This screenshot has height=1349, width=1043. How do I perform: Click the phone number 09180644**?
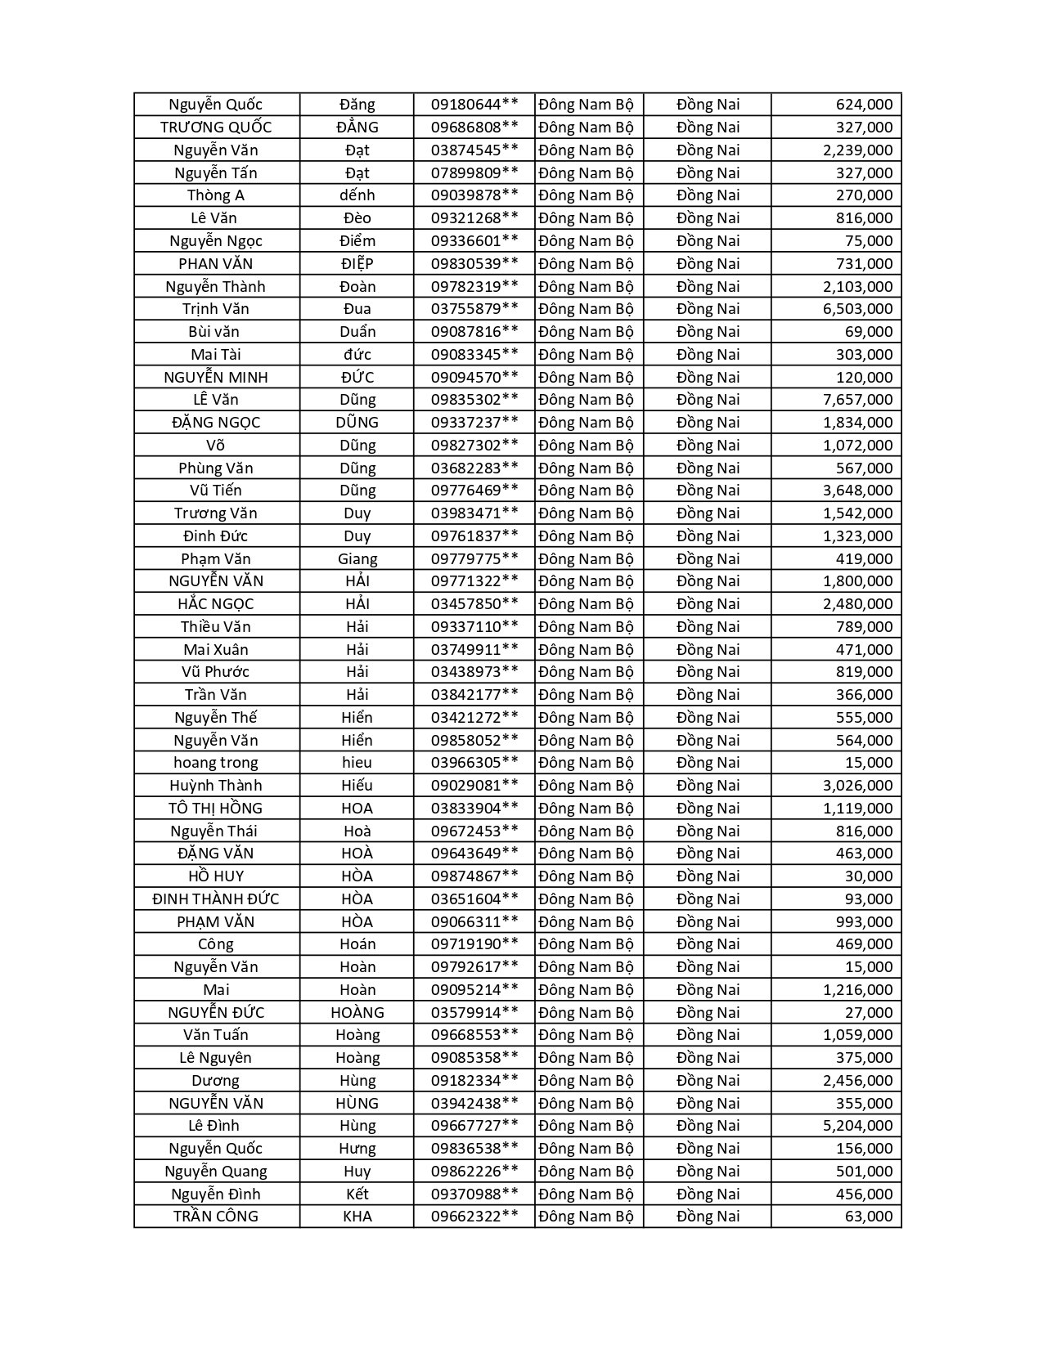[x=474, y=104]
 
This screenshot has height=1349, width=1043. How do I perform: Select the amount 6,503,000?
[x=857, y=308]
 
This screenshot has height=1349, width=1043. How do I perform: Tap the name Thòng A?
[x=216, y=195]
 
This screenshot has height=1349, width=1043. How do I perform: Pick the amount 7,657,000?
[x=857, y=399]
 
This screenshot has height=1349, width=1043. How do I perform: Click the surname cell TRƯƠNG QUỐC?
[x=216, y=127]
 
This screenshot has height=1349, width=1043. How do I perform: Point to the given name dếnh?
[x=357, y=195]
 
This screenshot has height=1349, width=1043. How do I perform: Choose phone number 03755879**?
[x=474, y=308]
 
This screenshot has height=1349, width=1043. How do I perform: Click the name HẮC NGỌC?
[x=216, y=603]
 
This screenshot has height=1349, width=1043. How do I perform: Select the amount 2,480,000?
[x=857, y=603]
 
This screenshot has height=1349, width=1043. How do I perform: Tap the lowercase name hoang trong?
[x=216, y=762]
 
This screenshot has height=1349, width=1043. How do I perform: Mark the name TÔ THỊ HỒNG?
[x=216, y=808]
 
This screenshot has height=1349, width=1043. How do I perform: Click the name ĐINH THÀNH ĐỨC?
[x=216, y=899]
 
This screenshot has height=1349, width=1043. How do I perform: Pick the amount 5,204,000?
[x=857, y=1125]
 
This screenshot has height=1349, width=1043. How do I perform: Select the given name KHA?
[x=357, y=1216]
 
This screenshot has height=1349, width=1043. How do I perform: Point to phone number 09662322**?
[x=474, y=1216]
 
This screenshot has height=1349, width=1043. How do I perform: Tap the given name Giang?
[x=357, y=558]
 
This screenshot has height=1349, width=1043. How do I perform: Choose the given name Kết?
[x=357, y=1194]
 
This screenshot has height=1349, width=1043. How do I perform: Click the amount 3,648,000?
[x=857, y=490]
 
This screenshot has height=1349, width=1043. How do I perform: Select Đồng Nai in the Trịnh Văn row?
[x=708, y=308]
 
